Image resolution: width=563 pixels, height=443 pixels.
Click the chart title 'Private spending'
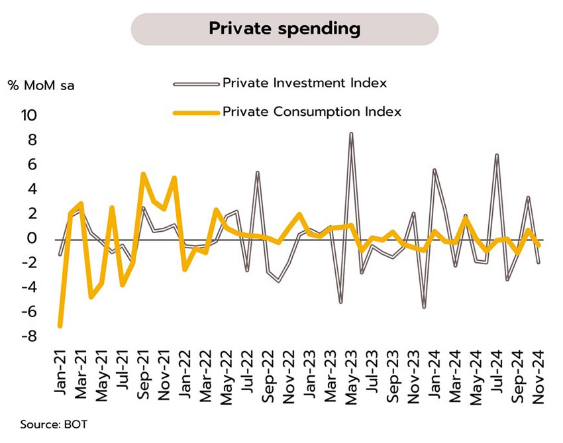[285, 28]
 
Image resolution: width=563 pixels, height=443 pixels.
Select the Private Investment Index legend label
[305, 83]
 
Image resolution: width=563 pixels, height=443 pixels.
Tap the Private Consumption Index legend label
[312, 112]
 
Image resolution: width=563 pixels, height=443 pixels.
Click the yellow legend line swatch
[195, 113]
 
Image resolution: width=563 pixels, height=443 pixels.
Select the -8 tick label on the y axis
[29, 337]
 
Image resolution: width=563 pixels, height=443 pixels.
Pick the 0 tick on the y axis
[32, 239]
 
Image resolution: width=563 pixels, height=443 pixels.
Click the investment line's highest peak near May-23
[351, 133]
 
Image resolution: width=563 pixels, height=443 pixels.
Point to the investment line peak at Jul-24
[497, 155]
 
